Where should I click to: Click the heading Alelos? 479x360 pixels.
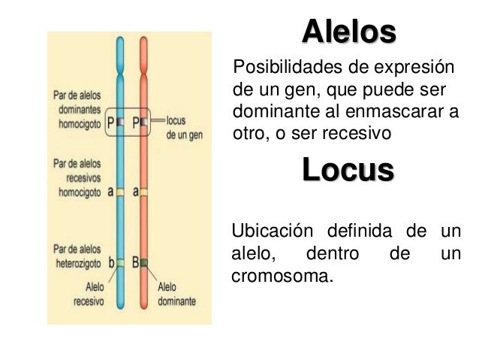pos(349,32)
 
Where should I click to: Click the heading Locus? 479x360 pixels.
pos(348,169)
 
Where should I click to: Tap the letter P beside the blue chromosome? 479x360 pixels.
pos(110,123)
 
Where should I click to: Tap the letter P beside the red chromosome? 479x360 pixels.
pos(136,123)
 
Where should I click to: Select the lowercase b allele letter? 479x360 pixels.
pos(112,262)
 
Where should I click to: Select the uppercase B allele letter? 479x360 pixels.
pos(135,262)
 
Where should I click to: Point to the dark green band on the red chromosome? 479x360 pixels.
pos(144,262)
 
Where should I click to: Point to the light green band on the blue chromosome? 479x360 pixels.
pos(120,262)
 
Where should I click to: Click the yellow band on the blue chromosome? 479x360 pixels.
pos(120,192)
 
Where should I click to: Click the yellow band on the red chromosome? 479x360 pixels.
pos(144,192)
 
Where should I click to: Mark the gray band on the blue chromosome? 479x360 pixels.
pos(120,122)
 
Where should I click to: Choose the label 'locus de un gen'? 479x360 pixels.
pos(184,128)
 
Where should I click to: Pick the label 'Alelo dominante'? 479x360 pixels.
pos(176,294)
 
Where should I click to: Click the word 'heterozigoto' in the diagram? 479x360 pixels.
pos(78,264)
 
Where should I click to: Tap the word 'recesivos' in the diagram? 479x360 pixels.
pos(83,178)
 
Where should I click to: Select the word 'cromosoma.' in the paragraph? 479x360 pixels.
pos(282,276)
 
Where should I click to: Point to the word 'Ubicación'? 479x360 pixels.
pos(273,231)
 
